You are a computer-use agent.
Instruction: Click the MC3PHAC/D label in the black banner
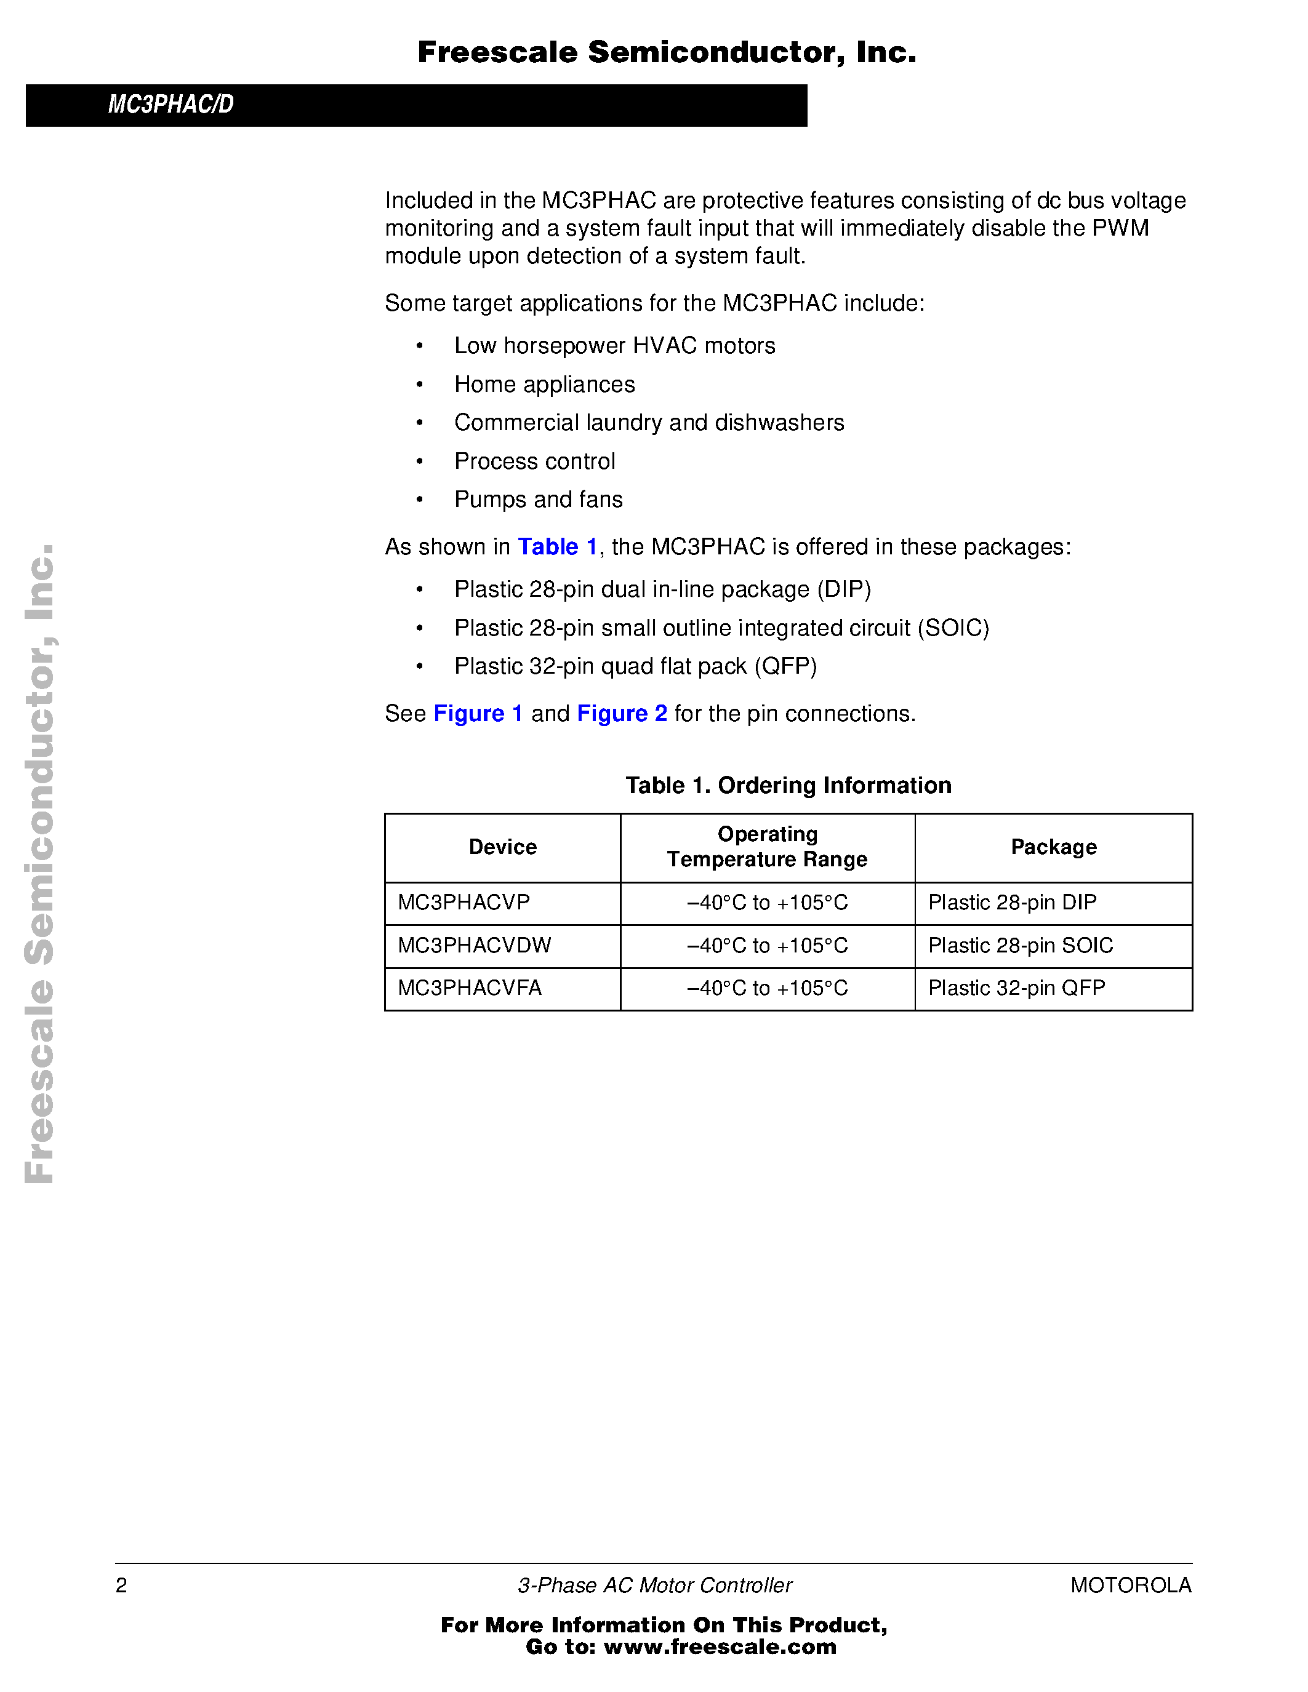pos(171,105)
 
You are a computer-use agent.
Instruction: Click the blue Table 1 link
pos(556,547)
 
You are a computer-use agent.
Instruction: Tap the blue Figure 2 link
pos(622,714)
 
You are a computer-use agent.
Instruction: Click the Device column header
pos(502,847)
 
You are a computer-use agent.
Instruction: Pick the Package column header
pos(1053,847)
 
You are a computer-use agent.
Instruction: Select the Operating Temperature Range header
pos(766,847)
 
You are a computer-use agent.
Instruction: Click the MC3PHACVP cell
pos(463,903)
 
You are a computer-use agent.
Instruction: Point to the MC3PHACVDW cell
pos(474,945)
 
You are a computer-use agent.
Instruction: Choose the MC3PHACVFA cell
pos(470,988)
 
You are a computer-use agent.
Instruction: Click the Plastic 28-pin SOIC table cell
pos(1020,945)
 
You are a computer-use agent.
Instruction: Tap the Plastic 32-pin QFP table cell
pos(1016,988)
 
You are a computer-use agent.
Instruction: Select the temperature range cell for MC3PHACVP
pos(766,903)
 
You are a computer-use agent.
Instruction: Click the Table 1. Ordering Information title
pos(788,786)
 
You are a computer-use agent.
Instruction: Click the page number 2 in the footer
pos(121,1586)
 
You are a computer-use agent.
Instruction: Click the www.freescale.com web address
pos(720,1647)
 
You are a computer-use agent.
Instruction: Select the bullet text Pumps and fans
pos(538,500)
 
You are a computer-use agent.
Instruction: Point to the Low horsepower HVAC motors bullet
pos(614,346)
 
